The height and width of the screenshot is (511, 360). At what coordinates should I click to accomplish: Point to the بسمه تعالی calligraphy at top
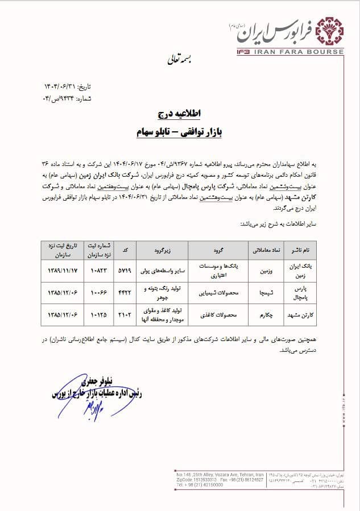pyautogui.click(x=180, y=59)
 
